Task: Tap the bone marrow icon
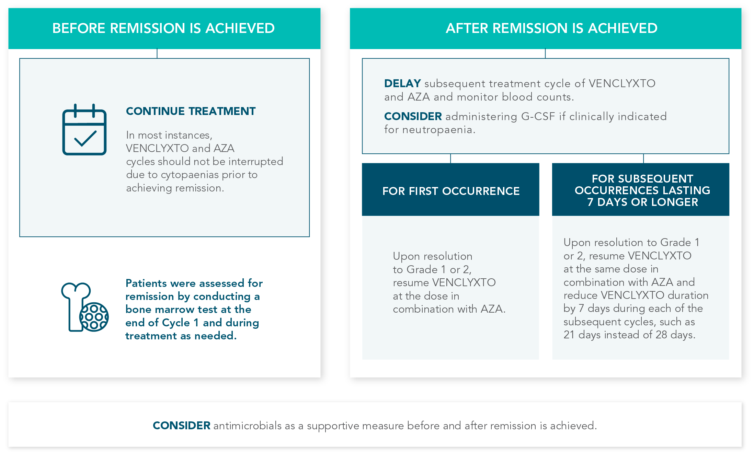click(x=84, y=307)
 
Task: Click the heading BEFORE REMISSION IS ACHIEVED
click(x=163, y=28)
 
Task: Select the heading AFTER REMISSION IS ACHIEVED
click(x=551, y=28)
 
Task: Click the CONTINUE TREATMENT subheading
click(x=191, y=111)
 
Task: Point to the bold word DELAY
click(x=402, y=83)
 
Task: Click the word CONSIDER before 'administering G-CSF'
click(x=413, y=116)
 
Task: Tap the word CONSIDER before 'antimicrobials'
click(x=181, y=426)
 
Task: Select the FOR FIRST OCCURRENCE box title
click(x=450, y=191)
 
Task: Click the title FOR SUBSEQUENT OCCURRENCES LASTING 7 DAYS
click(x=642, y=190)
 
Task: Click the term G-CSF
click(x=538, y=116)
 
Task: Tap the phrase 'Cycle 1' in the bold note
click(x=180, y=323)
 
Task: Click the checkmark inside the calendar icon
click(x=85, y=139)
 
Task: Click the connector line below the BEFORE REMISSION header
click(x=157, y=54)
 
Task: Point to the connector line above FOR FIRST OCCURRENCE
click(x=450, y=158)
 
